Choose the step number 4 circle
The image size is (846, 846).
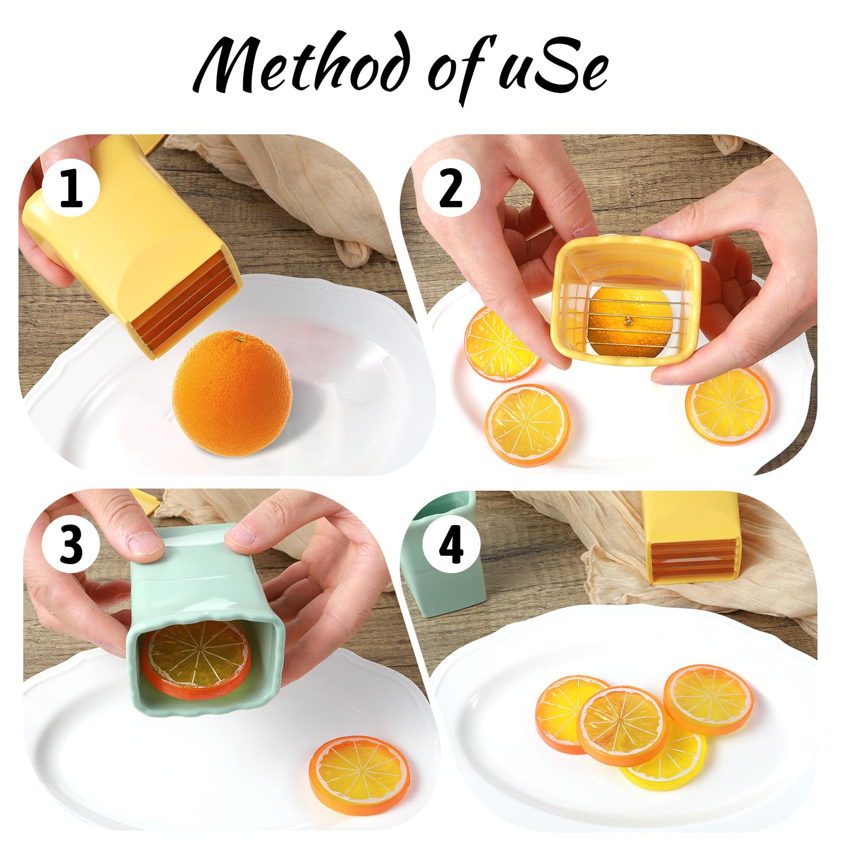click(x=451, y=544)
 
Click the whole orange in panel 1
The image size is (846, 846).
click(x=232, y=392)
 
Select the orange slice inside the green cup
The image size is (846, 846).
click(x=196, y=657)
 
